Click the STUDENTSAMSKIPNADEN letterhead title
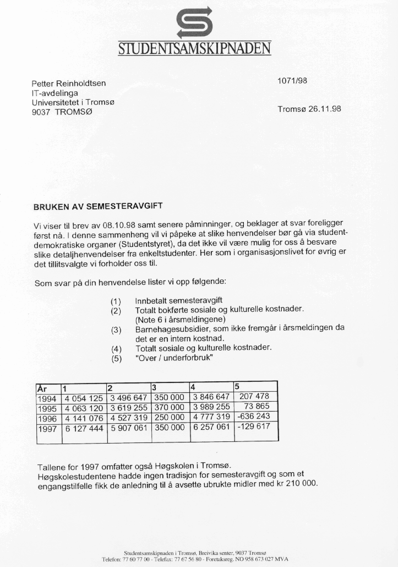[195, 48]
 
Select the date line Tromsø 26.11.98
[309, 109]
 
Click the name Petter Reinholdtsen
[69, 84]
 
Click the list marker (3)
[116, 329]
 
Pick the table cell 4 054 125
[84, 397]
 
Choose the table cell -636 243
[253, 417]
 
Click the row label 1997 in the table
[47, 427]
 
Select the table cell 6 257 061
[210, 427]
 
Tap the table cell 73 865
[257, 407]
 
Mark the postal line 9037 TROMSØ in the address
[63, 111]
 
